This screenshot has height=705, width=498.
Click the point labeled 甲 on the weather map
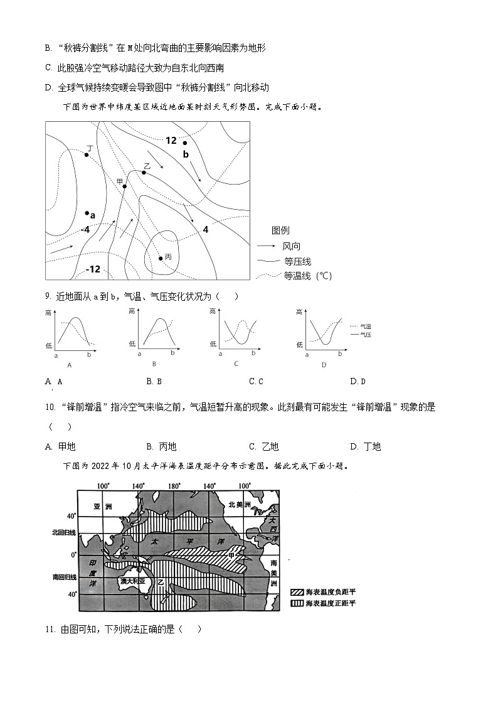(x=125, y=186)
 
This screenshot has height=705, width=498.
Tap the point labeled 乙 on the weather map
(x=144, y=172)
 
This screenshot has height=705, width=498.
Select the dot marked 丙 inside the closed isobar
(x=161, y=258)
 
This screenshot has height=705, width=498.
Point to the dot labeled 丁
(x=87, y=154)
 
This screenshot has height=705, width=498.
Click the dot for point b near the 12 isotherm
(x=185, y=143)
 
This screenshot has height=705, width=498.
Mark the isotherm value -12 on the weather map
(x=92, y=269)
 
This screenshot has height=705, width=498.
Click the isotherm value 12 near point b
(x=171, y=141)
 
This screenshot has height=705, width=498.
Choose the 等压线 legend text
(x=297, y=261)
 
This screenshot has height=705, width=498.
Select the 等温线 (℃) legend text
(x=307, y=276)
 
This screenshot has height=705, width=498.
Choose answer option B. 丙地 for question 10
(x=161, y=446)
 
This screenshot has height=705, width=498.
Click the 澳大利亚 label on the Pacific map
(x=132, y=581)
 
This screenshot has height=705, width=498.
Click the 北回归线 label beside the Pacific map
(x=64, y=532)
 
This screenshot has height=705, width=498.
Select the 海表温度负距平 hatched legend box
(x=297, y=592)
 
